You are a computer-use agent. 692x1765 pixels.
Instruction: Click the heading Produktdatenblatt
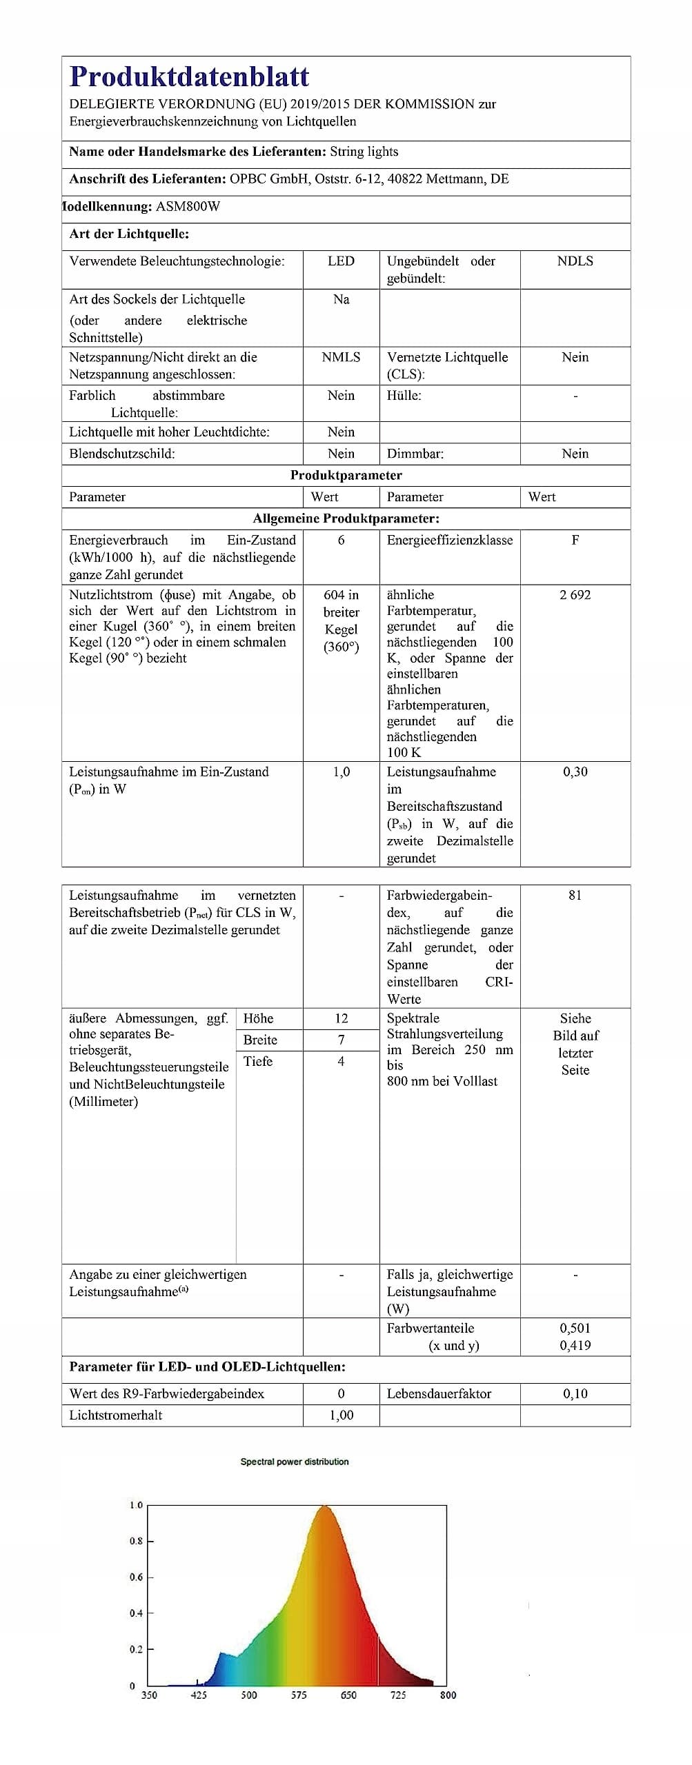(189, 77)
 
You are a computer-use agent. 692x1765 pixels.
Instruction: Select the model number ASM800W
(188, 206)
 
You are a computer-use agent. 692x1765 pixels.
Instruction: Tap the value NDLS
(575, 261)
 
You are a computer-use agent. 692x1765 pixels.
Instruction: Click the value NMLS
(341, 357)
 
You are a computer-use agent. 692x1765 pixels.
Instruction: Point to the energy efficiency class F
(575, 540)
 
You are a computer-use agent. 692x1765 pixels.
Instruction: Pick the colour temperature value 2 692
(575, 595)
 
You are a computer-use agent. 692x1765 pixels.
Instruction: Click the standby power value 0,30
(575, 772)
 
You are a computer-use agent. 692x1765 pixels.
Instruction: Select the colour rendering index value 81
(575, 896)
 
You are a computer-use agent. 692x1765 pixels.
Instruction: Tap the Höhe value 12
(341, 1018)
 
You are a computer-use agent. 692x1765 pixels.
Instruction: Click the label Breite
(260, 1040)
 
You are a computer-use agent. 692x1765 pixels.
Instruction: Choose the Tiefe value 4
(341, 1061)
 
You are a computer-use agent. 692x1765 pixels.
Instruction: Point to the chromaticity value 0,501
(575, 1328)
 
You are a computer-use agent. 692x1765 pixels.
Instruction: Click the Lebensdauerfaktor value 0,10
(575, 1393)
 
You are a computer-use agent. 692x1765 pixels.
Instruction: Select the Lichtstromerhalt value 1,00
(341, 1415)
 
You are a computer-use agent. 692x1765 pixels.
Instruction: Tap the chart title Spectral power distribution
(295, 1462)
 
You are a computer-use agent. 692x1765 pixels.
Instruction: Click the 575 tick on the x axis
(299, 1695)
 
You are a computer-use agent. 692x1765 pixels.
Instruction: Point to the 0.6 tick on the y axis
(136, 1577)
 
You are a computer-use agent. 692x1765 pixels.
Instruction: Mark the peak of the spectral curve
(323, 1507)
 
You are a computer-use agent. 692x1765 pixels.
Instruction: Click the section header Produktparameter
(346, 475)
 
